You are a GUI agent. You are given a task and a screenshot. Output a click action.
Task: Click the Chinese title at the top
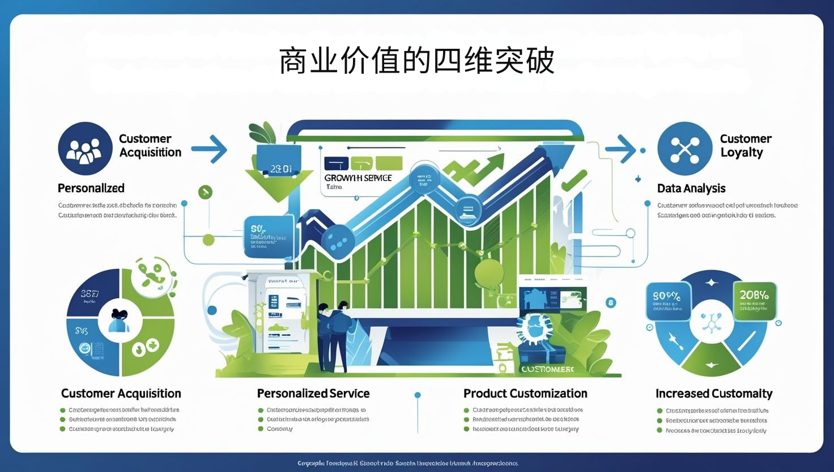[x=416, y=61]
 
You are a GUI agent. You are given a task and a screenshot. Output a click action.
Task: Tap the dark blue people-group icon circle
[x=85, y=149]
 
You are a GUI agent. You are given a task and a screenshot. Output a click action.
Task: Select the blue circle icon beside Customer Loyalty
[x=684, y=149]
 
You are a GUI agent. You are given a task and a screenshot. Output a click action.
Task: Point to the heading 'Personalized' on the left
[x=91, y=188]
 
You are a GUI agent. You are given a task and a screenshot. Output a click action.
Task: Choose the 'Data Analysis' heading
[x=691, y=188]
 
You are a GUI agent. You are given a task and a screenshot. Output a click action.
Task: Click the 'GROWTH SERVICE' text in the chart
[x=358, y=178]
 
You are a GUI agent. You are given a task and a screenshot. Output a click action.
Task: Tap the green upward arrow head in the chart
[x=494, y=161]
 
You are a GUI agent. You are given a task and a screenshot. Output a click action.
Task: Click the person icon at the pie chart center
[x=120, y=321]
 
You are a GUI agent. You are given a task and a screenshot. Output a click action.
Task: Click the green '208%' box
[x=754, y=299]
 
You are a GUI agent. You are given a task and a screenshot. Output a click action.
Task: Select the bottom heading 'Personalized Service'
[x=313, y=394]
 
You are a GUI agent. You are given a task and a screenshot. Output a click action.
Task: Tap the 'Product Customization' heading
[x=525, y=394]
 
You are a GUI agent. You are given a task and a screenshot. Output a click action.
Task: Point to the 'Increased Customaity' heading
[x=714, y=394]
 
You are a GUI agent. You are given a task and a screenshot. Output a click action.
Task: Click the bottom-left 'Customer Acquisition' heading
[x=121, y=394]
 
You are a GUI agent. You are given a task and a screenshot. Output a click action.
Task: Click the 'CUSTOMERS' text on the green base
[x=547, y=369]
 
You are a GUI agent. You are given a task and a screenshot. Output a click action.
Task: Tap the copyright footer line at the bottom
[x=408, y=463]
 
